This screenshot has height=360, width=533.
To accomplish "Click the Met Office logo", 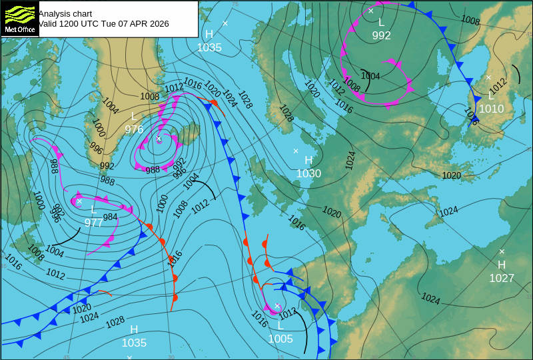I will (x=19, y=19).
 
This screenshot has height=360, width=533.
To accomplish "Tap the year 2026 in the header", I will (x=159, y=24).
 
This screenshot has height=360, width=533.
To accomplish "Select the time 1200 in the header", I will (x=69, y=24).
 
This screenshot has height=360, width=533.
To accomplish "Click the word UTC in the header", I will (x=91, y=24).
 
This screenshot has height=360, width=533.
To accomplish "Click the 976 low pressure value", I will (x=134, y=129).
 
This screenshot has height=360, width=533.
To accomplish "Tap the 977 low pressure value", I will (x=94, y=223).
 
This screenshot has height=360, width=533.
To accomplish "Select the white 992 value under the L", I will (x=381, y=36).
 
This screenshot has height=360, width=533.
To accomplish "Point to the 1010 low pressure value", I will (x=492, y=109).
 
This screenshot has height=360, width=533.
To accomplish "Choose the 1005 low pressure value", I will (x=280, y=339).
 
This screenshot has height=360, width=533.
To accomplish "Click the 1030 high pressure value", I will (x=308, y=173).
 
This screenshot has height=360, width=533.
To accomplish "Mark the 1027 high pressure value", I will (x=502, y=278).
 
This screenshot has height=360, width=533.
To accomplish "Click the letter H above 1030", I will (x=308, y=161).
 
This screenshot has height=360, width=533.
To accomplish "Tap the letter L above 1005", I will (x=280, y=326).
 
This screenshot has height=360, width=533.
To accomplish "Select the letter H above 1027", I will (x=502, y=265).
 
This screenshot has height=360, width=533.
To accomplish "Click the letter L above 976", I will (x=134, y=117).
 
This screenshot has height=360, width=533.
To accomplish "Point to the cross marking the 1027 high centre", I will (x=502, y=251).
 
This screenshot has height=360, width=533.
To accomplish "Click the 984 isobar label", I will (x=111, y=217).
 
